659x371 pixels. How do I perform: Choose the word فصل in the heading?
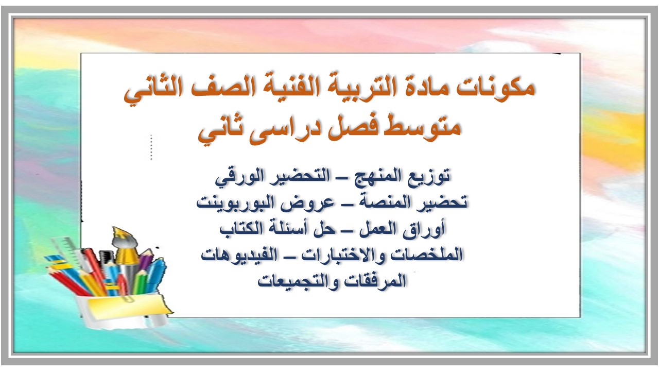pos(351,125)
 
